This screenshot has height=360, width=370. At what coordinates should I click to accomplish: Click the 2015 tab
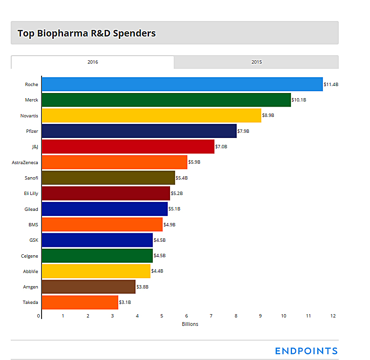click(x=256, y=62)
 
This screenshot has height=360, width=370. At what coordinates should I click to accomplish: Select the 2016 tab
click(x=92, y=62)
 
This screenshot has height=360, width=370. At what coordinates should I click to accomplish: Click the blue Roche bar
click(x=182, y=84)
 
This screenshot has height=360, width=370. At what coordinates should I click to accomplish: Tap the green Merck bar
click(x=166, y=100)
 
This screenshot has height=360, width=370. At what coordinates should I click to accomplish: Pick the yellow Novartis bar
click(x=151, y=115)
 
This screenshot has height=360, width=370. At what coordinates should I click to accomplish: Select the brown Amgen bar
click(x=88, y=287)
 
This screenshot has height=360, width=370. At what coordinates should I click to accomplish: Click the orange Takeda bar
click(x=79, y=302)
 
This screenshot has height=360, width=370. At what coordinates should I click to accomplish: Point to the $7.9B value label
click(x=243, y=131)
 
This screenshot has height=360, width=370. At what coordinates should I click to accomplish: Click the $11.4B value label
click(x=331, y=85)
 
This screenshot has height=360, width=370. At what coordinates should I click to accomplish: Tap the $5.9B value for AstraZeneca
click(x=194, y=162)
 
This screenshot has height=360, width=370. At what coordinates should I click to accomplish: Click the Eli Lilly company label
click(x=31, y=194)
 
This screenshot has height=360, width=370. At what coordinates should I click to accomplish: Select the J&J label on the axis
click(x=35, y=147)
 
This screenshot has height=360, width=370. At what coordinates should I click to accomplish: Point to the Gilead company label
click(x=31, y=209)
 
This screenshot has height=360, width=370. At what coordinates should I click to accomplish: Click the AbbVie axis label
click(x=30, y=271)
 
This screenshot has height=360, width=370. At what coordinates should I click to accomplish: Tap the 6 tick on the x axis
click(x=186, y=316)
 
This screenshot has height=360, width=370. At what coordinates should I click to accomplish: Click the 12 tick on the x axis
click(x=333, y=316)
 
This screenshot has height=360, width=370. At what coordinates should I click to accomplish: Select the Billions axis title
click(x=190, y=324)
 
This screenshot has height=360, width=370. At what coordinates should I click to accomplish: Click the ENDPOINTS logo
click(x=306, y=351)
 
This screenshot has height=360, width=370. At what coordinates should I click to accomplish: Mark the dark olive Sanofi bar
click(x=108, y=178)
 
